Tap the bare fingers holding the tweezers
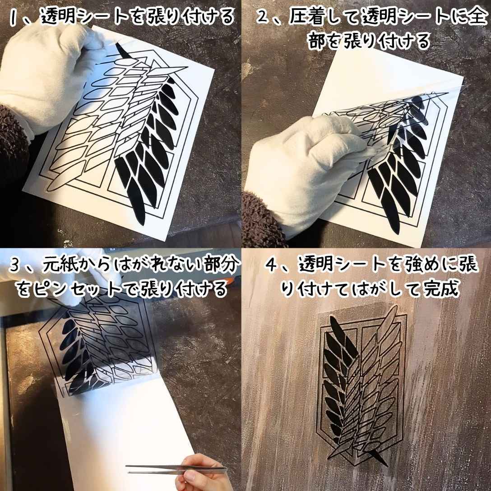point(199,474)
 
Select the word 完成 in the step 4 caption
point(440,289)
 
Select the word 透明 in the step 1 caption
point(59,17)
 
